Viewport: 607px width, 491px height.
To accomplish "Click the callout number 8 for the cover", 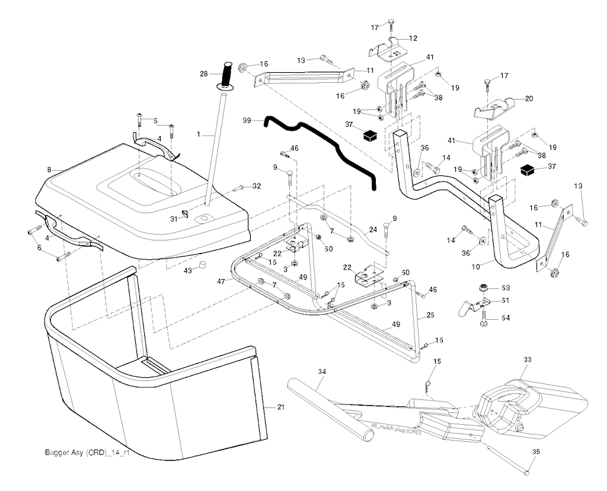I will point(49,170).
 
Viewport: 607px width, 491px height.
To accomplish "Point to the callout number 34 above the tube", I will point(322,371).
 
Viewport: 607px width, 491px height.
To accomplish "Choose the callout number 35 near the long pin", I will point(536,452).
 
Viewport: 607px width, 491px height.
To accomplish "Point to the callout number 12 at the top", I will point(413,38).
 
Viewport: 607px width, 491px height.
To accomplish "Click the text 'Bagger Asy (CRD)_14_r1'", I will point(87,453).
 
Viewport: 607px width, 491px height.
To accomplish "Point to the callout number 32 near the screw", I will point(256,186).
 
